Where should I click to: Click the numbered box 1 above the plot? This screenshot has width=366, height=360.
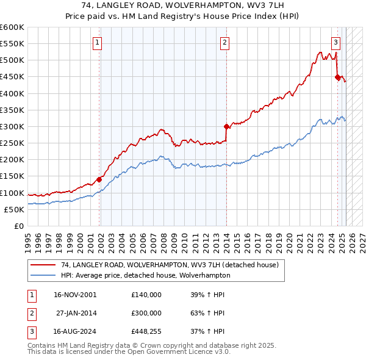(98, 42)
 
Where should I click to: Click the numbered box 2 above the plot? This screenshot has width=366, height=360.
(225, 42)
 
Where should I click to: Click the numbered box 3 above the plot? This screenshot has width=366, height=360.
(336, 42)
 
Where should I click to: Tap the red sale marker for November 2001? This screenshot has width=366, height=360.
(99, 179)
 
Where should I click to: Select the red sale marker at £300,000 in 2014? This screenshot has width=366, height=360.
(226, 127)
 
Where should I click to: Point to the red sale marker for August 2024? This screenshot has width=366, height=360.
(337, 77)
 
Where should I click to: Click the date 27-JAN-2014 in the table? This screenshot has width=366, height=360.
(76, 313)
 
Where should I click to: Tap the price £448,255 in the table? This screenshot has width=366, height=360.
(146, 332)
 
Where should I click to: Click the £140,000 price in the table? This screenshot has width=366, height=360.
(146, 294)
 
